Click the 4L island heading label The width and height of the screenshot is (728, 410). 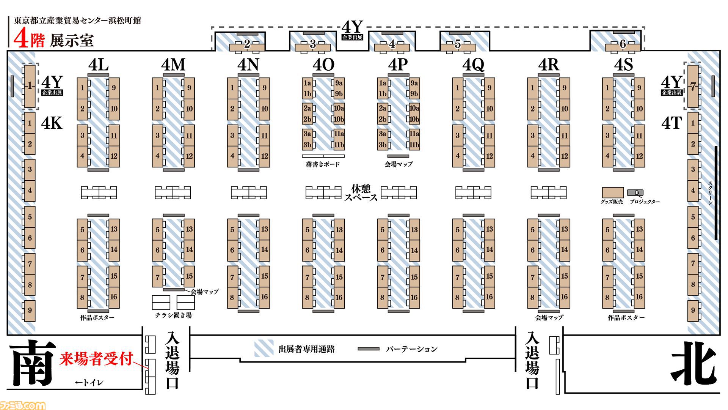tap(98, 65)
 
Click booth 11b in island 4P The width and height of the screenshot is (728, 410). tap(414, 145)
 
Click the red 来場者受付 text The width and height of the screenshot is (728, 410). tap(96, 359)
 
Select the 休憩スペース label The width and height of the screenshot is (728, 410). tap(361, 193)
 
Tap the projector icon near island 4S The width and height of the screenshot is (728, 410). tap(635, 193)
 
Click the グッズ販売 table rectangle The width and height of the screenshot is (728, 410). tap(613, 192)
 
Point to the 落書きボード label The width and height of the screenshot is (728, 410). tap(323, 164)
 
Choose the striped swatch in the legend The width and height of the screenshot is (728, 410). tap(264, 348)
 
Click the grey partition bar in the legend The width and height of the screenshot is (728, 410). tap(369, 349)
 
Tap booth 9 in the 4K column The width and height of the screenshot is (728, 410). tap(30, 311)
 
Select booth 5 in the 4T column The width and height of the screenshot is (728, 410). tap(693, 217)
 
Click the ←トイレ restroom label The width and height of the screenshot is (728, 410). tap(89, 383)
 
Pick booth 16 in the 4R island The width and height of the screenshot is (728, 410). tap(565, 297)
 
